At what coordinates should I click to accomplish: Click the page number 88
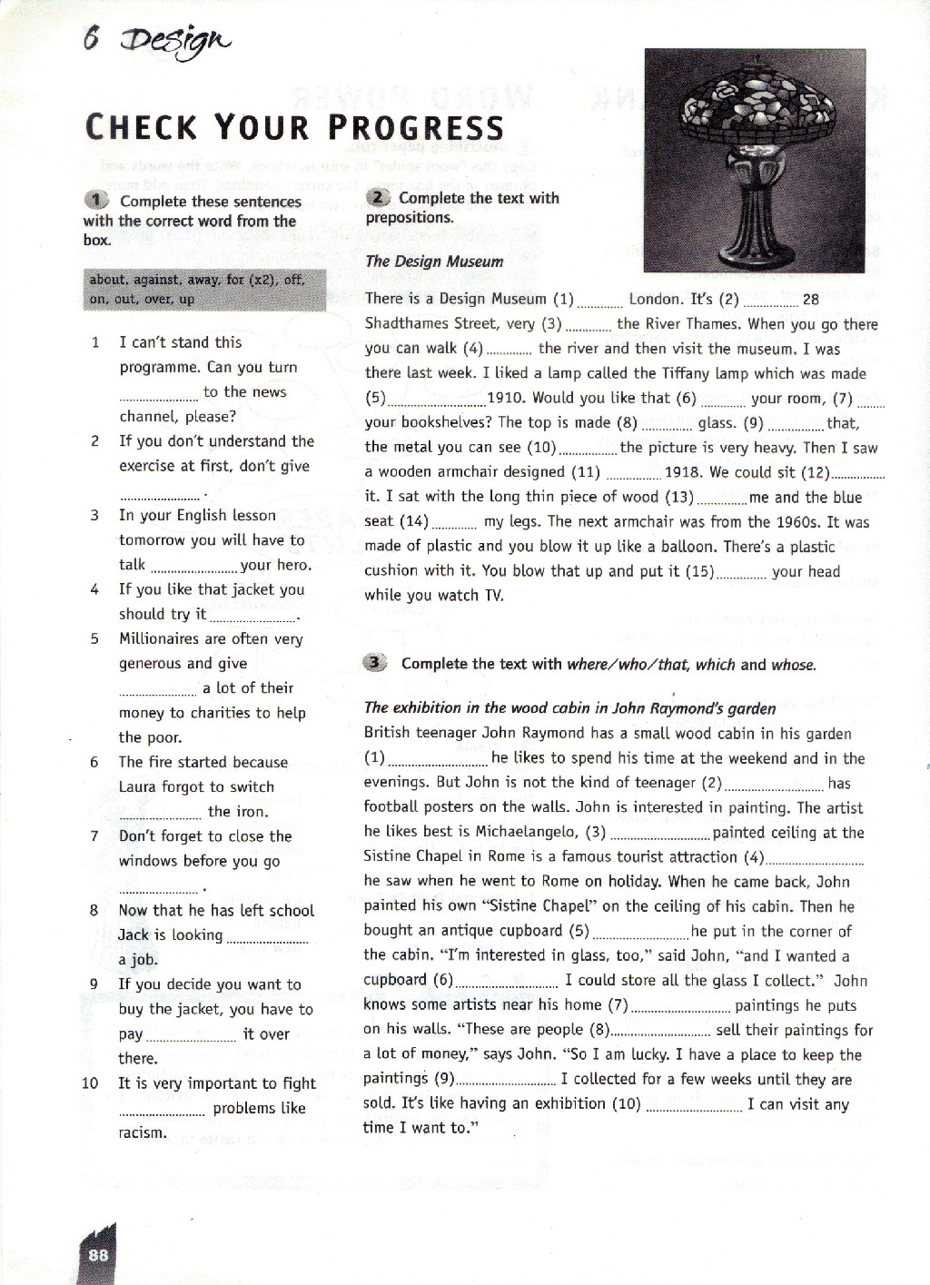pos(98,1254)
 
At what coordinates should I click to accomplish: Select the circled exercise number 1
pos(95,200)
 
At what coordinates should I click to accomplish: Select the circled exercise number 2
pos(378,197)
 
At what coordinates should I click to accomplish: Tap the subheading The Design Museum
pos(434,262)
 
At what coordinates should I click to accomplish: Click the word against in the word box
pos(158,280)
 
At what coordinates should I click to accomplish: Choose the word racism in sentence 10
pos(143,1132)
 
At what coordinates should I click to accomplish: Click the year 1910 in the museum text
pos(504,398)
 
